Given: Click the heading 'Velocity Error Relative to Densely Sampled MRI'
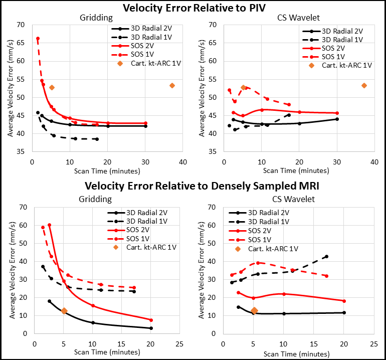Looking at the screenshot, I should pyautogui.click(x=202, y=186).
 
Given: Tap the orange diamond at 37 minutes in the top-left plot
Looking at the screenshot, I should pyautogui.click(x=172, y=86).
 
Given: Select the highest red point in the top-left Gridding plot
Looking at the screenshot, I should pyautogui.click(x=38, y=39).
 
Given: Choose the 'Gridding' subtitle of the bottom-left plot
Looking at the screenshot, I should pyautogui.click(x=95, y=199).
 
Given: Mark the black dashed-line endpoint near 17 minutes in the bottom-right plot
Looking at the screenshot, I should pyautogui.click(x=326, y=257).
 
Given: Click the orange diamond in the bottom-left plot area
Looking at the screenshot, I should pyautogui.click(x=64, y=311).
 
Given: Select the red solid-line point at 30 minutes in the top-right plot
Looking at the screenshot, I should pyautogui.click(x=337, y=113).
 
